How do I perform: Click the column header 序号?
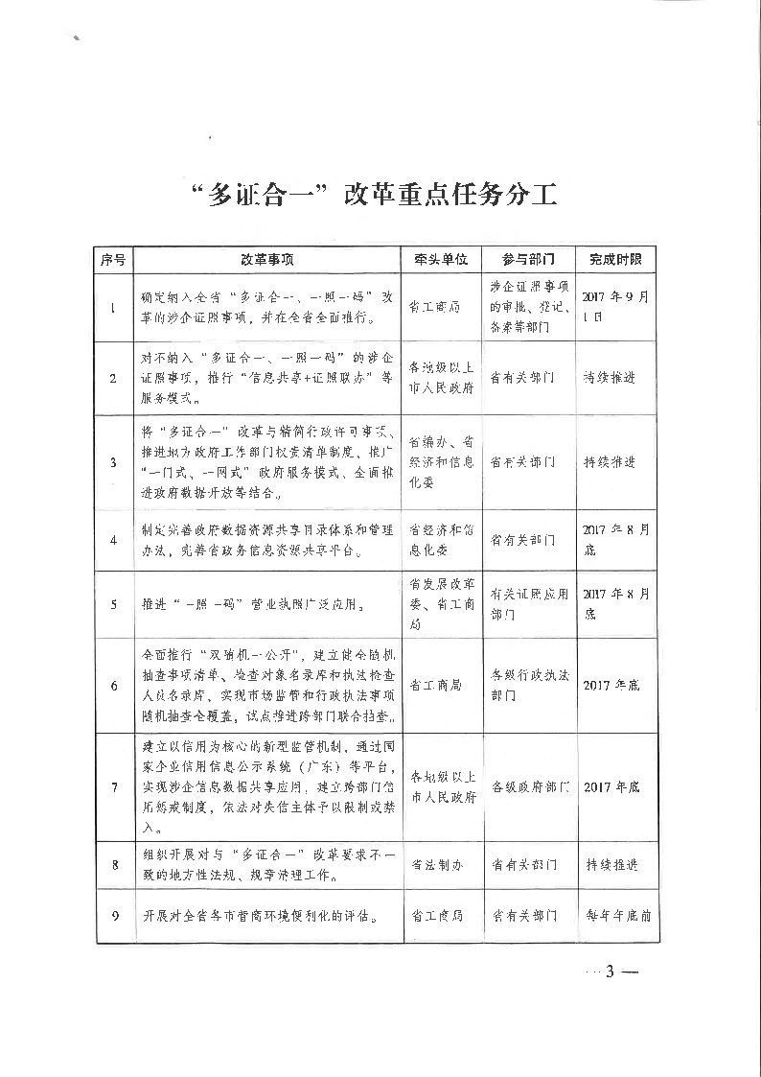114,259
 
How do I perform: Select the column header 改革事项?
266,259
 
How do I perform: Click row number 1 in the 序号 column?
114,307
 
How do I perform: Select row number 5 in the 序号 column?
114,604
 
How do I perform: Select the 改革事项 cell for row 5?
266,605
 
